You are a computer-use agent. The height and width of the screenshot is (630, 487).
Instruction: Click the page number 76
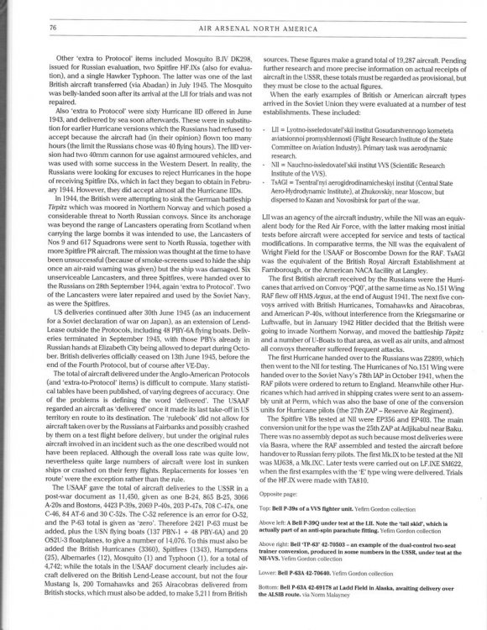pyautogui.click(x=30, y=27)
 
